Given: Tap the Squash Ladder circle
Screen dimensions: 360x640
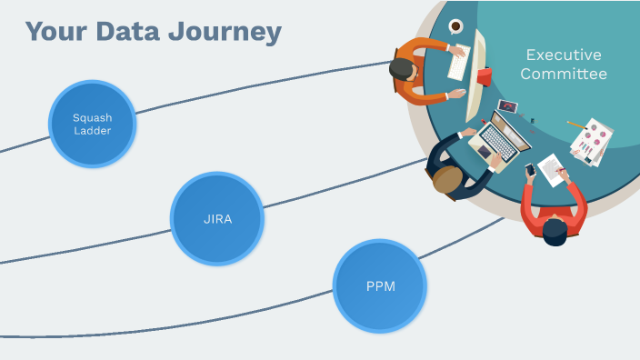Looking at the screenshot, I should click(92, 124).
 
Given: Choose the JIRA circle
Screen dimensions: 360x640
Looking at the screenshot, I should click(216, 218).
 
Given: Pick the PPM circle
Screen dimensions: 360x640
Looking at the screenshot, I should click(380, 285).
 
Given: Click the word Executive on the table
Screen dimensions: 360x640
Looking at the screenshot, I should click(563, 55).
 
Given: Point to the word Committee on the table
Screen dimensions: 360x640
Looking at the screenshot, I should click(563, 74).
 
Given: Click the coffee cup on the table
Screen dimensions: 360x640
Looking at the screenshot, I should click(455, 25).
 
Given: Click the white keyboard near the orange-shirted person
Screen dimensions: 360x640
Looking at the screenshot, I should click(459, 63).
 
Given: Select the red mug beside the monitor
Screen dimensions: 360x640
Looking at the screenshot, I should click(485, 76).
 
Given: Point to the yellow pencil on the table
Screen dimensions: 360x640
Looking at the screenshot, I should click(575, 124).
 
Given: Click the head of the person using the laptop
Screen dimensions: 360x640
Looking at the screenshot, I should click(447, 179).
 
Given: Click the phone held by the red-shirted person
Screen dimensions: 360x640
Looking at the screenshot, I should click(530, 170).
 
